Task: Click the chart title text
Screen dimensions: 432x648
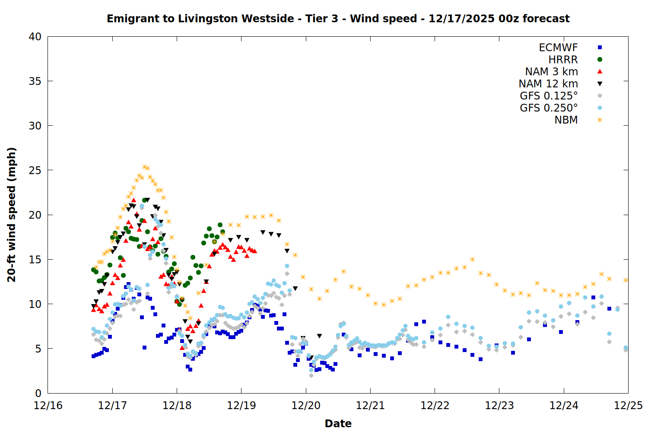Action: (338, 19)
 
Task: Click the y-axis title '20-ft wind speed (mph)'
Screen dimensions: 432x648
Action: (12, 215)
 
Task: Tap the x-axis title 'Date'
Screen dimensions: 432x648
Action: (338, 423)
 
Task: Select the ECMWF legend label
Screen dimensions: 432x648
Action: (558, 48)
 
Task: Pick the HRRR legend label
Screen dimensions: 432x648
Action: (563, 60)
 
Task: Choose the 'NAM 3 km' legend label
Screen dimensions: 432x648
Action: (551, 72)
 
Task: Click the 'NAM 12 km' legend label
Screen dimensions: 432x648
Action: (548, 84)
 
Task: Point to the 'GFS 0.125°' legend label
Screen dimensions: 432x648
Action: (549, 96)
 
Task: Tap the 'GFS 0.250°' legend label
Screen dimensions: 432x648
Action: (549, 108)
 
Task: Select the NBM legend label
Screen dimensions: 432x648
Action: (566, 120)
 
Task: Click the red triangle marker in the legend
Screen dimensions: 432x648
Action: (600, 72)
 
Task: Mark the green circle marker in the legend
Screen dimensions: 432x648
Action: (600, 60)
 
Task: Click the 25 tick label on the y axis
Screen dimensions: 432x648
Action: (35, 170)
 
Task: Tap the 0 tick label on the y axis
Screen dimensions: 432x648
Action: (38, 393)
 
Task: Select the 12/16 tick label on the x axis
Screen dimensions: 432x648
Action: (48, 406)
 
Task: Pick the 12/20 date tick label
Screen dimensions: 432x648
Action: (306, 406)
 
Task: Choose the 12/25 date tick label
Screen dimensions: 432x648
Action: (628, 406)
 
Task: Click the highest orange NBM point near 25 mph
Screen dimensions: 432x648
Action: (144, 167)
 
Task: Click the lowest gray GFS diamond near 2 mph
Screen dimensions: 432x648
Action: (311, 375)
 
